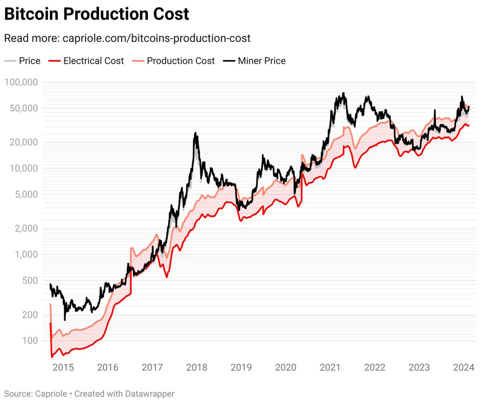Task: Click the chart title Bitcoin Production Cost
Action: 96,14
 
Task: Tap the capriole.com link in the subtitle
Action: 157,38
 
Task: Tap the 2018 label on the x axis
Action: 196,367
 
